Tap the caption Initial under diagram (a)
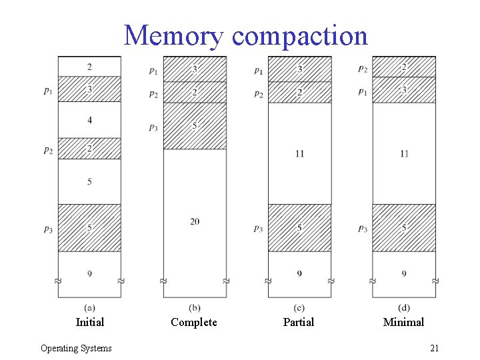90,322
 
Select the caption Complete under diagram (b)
194,322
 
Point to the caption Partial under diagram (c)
299,322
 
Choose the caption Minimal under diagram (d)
403,322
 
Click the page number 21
434,348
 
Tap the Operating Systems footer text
76,348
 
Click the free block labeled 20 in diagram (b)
195,221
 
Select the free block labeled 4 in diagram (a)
90,120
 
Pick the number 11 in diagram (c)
299,153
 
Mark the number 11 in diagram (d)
404,153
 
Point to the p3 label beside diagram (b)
153,126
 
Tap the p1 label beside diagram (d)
362,91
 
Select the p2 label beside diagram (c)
258,94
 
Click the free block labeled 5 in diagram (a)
90,181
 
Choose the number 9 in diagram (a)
90,273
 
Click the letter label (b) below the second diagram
195,307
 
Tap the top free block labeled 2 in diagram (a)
90,67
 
